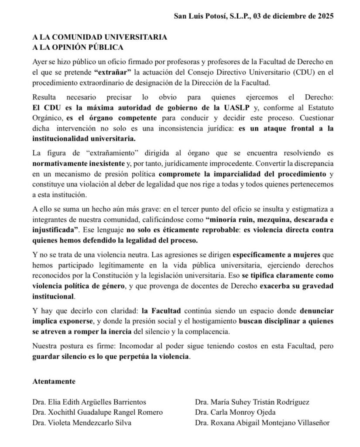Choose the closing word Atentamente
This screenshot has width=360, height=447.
pyautogui.click(x=54, y=381)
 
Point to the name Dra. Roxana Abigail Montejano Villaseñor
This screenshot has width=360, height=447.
pyautogui.click(x=262, y=422)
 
